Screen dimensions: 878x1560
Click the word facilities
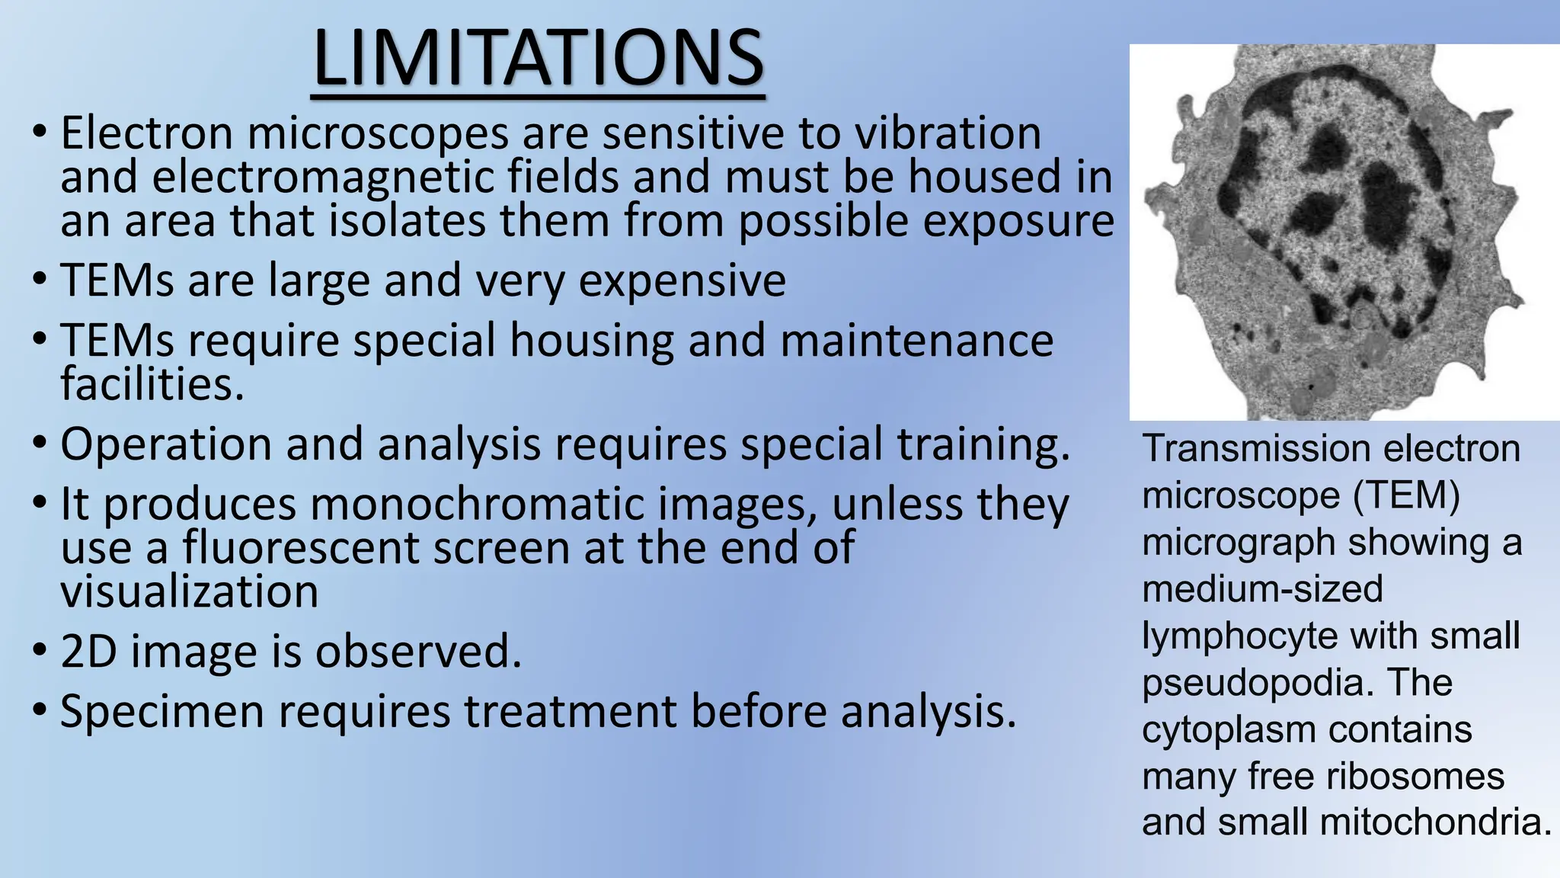coord(152,384)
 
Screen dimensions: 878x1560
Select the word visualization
coord(189,592)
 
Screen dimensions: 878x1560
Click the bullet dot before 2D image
coord(40,652)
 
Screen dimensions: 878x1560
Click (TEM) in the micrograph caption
coord(1406,496)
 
